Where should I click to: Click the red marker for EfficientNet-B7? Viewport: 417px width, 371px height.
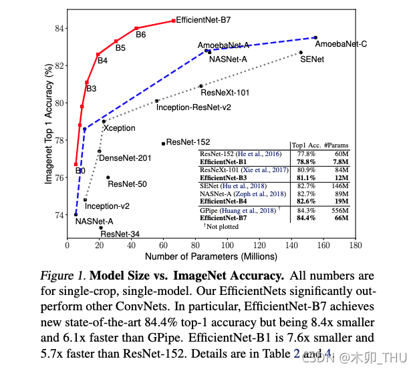click(173, 21)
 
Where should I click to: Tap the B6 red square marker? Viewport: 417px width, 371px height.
click(136, 28)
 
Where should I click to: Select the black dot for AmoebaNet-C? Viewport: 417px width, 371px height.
click(315, 38)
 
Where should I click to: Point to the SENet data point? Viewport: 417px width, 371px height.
click(301, 53)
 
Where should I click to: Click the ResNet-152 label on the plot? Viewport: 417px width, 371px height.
click(188, 142)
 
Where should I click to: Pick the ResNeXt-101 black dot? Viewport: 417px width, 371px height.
click(201, 86)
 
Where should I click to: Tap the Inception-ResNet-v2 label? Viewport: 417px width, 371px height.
click(194, 107)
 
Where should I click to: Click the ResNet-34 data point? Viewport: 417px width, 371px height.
click(101, 228)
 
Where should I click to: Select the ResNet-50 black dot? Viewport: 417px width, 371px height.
click(108, 177)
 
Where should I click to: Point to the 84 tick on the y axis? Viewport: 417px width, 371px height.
click(59, 29)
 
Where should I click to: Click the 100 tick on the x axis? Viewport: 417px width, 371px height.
click(227, 245)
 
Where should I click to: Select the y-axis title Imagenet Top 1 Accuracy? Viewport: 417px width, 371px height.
click(49, 123)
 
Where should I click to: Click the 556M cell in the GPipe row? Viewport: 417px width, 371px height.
click(340, 211)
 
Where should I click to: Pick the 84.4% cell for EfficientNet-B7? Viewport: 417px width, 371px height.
click(306, 218)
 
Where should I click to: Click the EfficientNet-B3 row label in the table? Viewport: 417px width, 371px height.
click(223, 177)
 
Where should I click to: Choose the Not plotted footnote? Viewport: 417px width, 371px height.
click(221, 226)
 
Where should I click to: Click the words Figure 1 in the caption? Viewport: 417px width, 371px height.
click(63, 276)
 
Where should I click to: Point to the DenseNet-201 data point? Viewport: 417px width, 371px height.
click(99, 151)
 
